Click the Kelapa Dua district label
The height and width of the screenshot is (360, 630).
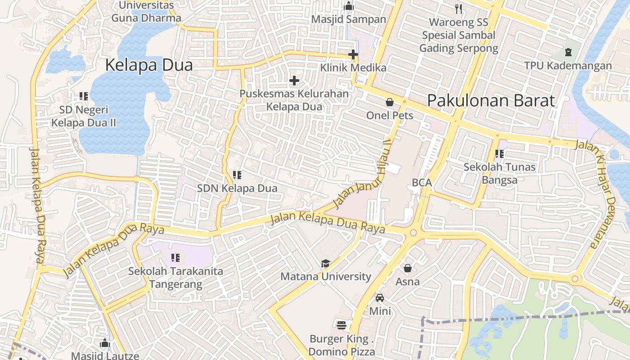[149, 65]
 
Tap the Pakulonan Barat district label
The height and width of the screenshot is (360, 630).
[491, 100]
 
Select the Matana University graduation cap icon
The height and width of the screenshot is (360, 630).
[325, 263]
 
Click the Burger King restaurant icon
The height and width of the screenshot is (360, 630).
[342, 325]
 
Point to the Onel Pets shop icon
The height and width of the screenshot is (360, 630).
[390, 102]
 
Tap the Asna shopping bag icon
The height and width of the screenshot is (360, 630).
[408, 269]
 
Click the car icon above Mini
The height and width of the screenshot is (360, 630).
[380, 297]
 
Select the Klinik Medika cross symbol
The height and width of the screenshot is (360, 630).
[353, 55]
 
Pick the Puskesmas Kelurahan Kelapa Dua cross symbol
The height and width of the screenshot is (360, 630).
[294, 81]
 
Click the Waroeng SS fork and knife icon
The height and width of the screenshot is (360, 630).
[459, 8]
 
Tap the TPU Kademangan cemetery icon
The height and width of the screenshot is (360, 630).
[568, 52]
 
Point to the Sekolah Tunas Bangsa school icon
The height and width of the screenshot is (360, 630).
[499, 154]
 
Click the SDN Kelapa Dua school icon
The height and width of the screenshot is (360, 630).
[237, 175]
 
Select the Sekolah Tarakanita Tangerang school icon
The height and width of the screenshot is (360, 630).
[175, 258]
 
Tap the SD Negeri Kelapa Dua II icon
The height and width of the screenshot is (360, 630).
[83, 96]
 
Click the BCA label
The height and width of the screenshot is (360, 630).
[422, 183]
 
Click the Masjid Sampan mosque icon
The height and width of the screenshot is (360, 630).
[349, 6]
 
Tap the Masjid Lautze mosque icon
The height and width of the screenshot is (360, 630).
[105, 343]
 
